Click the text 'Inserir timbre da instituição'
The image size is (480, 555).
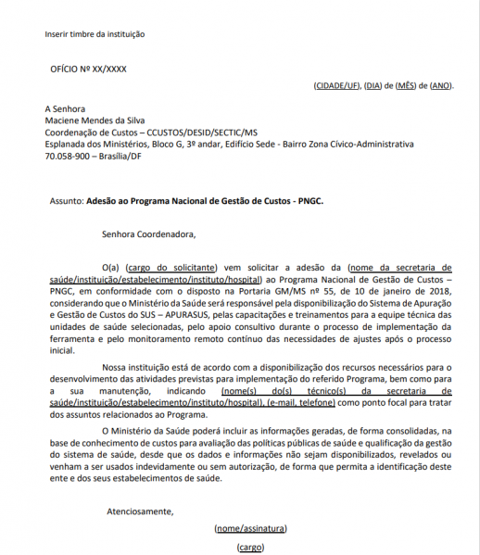(x=95, y=34)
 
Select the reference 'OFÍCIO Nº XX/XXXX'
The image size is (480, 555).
(x=88, y=69)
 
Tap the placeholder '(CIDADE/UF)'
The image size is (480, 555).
(x=337, y=85)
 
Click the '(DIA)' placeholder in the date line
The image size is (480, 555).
(x=373, y=85)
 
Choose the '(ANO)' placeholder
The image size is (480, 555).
(x=441, y=85)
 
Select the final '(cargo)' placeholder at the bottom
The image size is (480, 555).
(x=250, y=548)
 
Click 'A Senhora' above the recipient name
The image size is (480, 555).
(x=65, y=107)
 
